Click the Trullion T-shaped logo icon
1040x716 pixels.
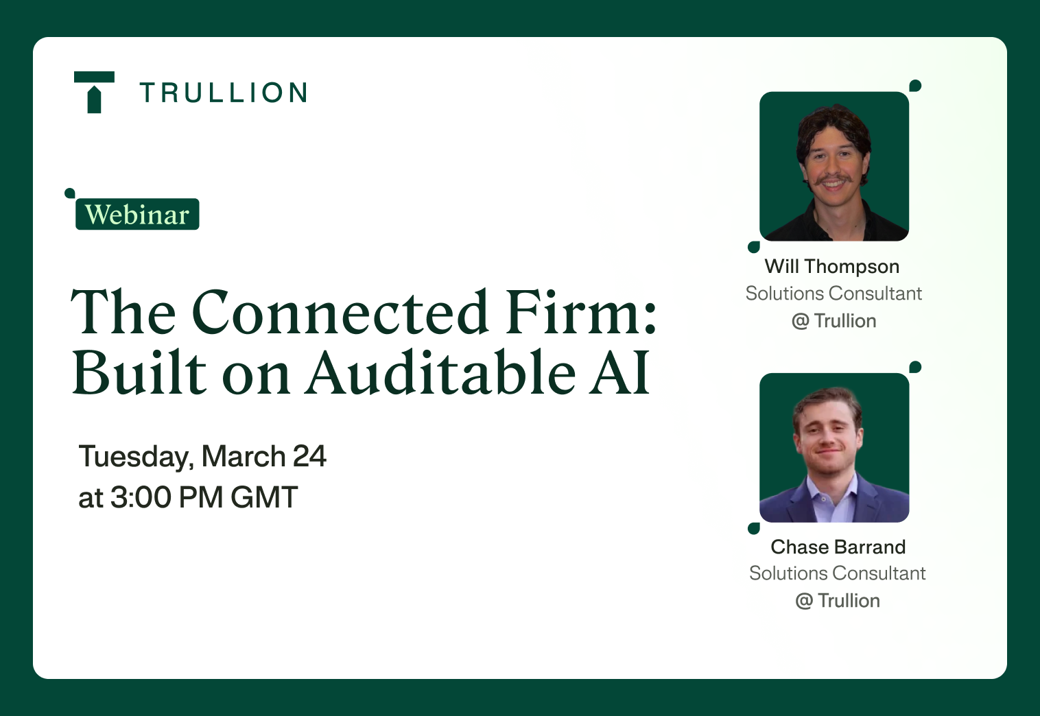point(94,92)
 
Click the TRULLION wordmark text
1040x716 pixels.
point(224,93)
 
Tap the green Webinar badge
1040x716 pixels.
point(137,214)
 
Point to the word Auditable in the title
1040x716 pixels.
point(440,372)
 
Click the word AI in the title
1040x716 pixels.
point(619,372)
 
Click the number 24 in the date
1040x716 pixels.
point(309,456)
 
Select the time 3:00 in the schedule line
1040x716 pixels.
point(141,497)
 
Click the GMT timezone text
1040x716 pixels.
point(263,497)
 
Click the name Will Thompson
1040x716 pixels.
point(832,267)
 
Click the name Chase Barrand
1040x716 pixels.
point(838,547)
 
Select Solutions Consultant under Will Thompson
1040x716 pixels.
point(834,294)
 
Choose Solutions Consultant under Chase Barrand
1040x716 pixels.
point(837,573)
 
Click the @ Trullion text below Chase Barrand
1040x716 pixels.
point(838,601)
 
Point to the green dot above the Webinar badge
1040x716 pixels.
point(70,193)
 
